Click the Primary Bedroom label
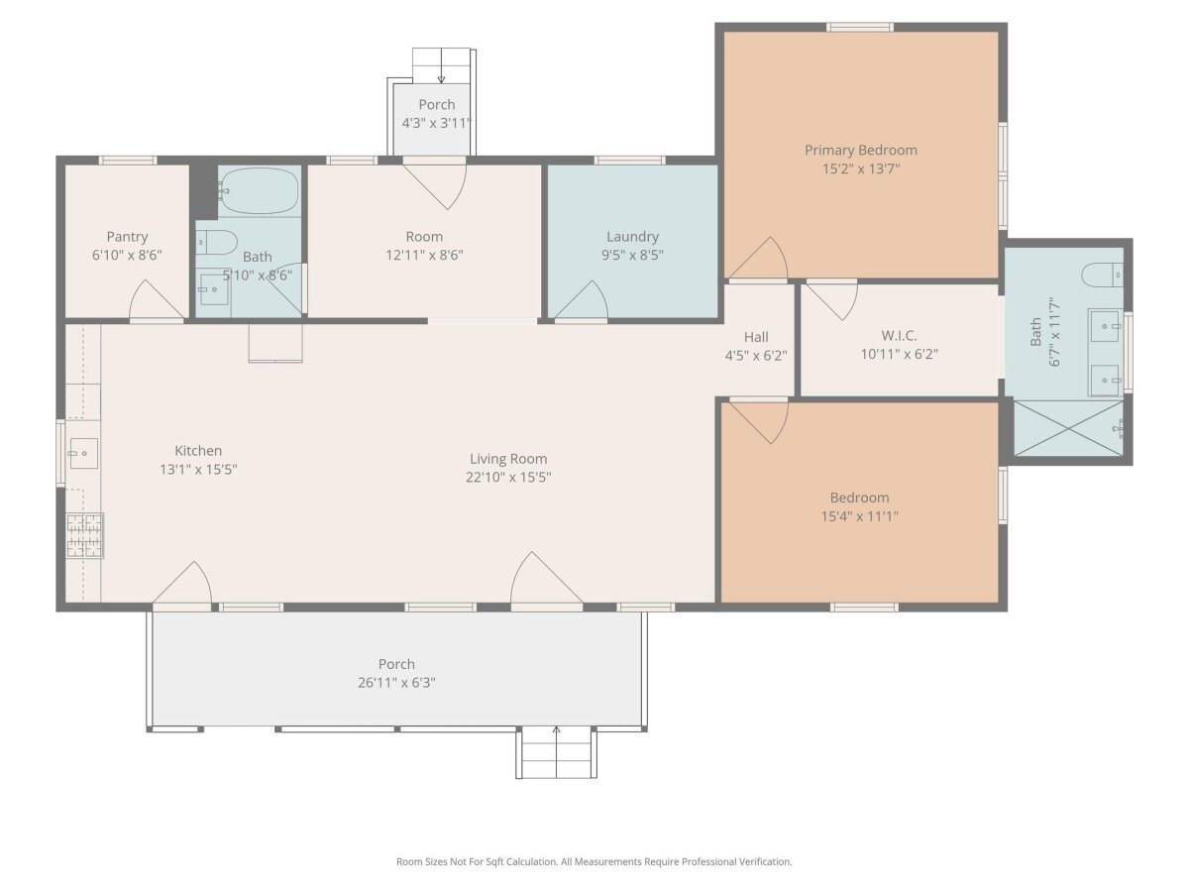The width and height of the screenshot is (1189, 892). [860, 150]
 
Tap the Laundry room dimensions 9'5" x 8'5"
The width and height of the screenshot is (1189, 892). [632, 255]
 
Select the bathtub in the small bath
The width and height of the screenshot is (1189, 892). [260, 190]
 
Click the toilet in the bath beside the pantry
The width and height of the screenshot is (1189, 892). [217, 242]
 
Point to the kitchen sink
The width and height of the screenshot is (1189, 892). [83, 453]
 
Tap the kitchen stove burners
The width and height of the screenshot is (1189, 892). [85, 535]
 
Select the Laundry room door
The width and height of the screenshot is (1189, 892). [581, 300]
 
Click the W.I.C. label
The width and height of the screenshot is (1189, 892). [899, 336]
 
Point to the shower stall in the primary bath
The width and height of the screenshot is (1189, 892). [1068, 428]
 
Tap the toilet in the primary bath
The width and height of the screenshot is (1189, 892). [1102, 276]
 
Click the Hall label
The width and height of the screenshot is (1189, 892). [756, 337]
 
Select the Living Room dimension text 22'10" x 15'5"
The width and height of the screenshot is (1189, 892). [508, 477]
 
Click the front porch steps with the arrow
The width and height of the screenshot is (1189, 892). [556, 752]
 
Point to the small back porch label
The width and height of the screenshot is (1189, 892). [437, 104]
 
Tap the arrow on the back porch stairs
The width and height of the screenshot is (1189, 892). [441, 65]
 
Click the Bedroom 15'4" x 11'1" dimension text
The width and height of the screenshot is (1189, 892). [859, 516]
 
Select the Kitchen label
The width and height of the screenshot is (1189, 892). [198, 451]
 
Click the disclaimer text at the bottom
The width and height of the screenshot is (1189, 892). [594, 861]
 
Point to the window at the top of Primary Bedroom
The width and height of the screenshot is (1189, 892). [860, 27]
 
